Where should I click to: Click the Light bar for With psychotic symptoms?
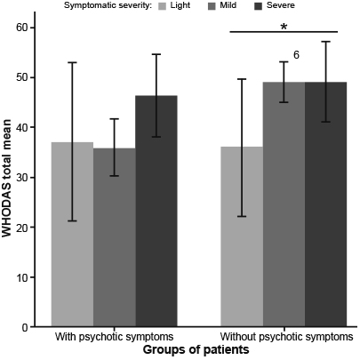coord(72,235)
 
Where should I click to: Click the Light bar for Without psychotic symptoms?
coord(241,236)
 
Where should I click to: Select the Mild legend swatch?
coord(213,6)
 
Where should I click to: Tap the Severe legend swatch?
coord(264,6)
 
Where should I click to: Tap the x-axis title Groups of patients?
coord(196,351)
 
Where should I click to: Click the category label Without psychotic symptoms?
coord(284,338)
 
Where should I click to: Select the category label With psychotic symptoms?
coord(114,338)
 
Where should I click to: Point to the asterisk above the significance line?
coord(284,28)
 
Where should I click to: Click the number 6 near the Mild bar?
coord(296,55)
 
